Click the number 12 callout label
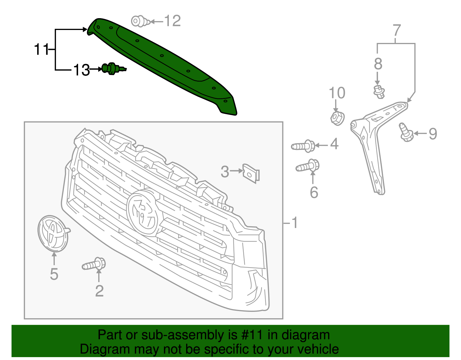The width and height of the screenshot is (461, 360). pyautogui.click(x=172, y=21)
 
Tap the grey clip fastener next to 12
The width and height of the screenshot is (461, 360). pyautogui.click(x=140, y=21)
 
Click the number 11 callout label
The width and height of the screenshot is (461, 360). pyautogui.click(x=41, y=50)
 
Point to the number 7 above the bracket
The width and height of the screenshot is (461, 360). pyautogui.click(x=397, y=30)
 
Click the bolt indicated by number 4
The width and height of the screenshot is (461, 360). pyautogui.click(x=304, y=146)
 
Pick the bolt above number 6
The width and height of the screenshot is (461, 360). pyautogui.click(x=308, y=166)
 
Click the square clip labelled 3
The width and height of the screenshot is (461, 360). pyautogui.click(x=251, y=173)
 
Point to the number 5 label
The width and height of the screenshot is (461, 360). pyautogui.click(x=54, y=274)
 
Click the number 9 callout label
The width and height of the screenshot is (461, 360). pyautogui.click(x=433, y=134)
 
